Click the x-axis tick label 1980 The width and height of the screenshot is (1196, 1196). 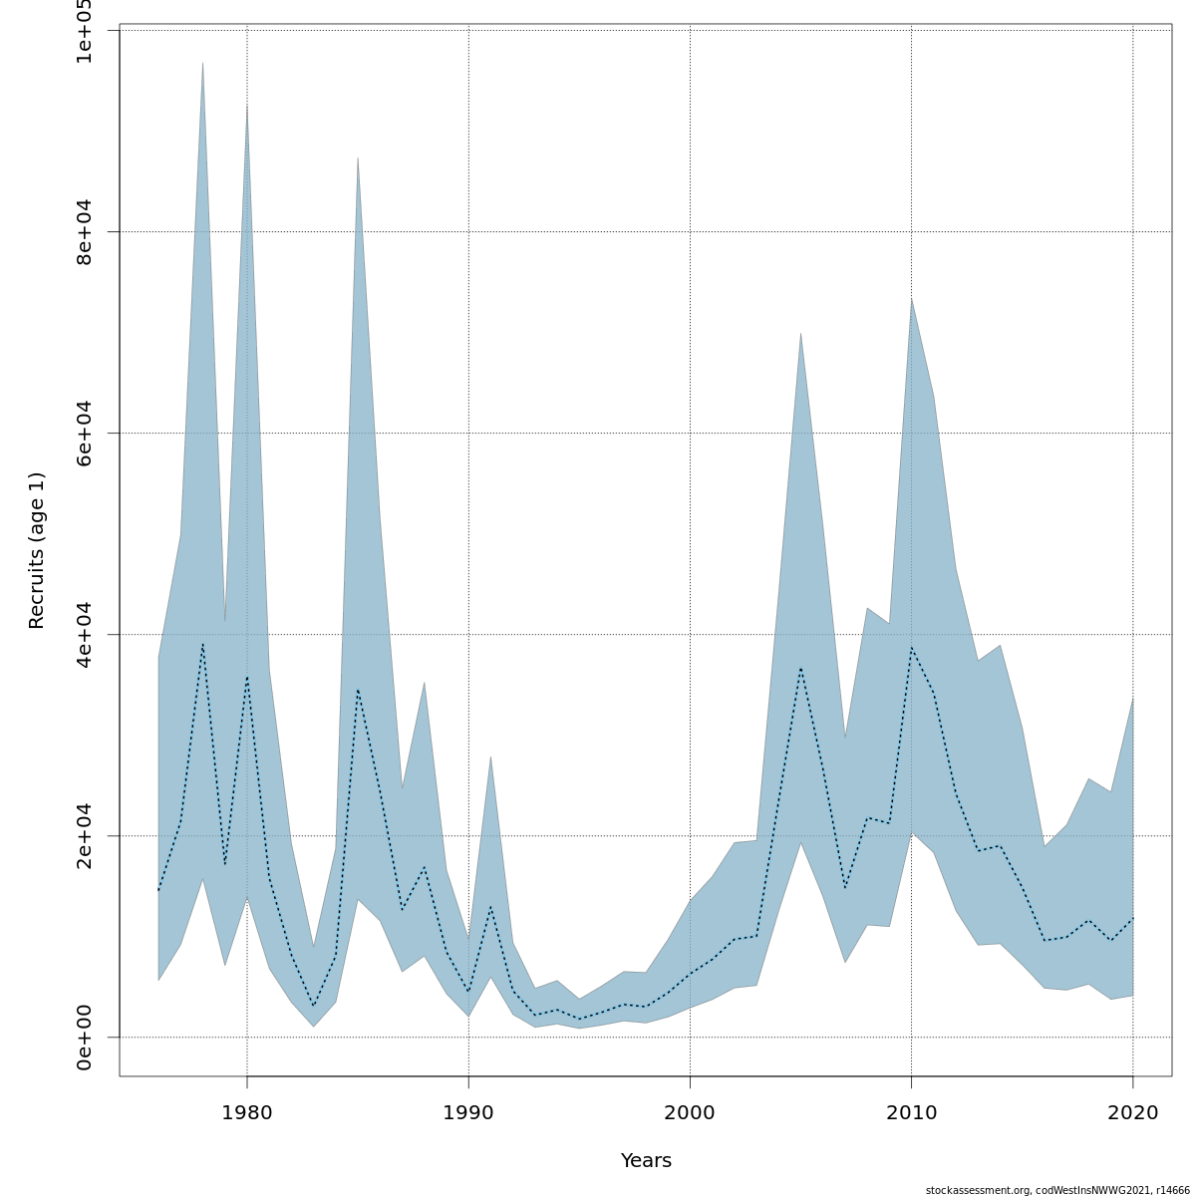(x=247, y=1112)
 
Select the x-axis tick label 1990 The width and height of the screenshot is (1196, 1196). (x=468, y=1112)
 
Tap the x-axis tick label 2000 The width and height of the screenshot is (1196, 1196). (x=690, y=1112)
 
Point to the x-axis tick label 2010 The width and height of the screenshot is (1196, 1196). (x=911, y=1112)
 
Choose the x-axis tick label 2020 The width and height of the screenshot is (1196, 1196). (x=1132, y=1112)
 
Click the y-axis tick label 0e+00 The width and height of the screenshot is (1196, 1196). (x=85, y=1037)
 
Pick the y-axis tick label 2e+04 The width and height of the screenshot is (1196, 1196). (x=85, y=835)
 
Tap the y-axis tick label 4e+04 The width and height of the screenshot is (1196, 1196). (x=85, y=634)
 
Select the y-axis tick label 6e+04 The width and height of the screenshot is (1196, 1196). (x=85, y=433)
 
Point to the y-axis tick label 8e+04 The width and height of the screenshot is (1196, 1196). (x=85, y=231)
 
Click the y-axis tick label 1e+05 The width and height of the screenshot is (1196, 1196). (x=85, y=31)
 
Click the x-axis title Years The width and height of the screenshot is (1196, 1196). (x=646, y=1161)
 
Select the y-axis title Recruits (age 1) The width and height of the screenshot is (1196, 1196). (x=37, y=550)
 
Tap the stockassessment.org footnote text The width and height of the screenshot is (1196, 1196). (x=1057, y=1190)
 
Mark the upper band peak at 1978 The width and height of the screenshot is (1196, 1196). (x=203, y=63)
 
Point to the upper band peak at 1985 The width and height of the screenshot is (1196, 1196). (x=358, y=157)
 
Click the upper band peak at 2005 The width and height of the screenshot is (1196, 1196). (x=800, y=334)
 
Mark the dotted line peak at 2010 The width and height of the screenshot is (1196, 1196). (x=911, y=648)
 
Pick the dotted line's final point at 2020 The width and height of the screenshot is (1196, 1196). (x=1132, y=918)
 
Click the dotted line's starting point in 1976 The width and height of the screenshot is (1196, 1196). (x=158, y=891)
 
